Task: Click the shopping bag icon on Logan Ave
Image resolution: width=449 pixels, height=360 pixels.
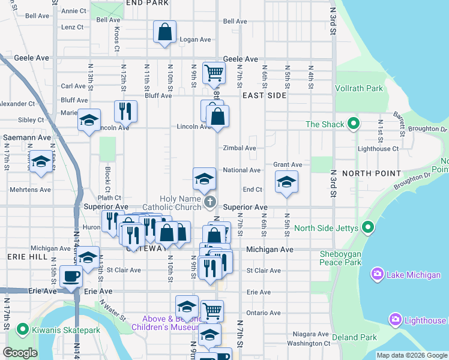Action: click(164, 32)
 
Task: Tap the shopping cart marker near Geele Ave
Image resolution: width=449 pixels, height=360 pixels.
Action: click(214, 73)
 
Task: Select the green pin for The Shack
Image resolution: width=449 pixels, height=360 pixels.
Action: click(354, 124)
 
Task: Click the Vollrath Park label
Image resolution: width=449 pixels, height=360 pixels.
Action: click(359, 89)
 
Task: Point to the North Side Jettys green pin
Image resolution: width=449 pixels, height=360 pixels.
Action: click(369, 228)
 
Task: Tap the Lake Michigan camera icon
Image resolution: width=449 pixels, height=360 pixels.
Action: click(378, 274)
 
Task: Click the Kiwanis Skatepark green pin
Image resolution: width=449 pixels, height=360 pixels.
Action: click(23, 329)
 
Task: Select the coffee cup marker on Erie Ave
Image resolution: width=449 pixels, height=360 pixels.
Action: click(71, 277)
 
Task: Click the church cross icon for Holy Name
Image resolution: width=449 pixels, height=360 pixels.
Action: click(210, 202)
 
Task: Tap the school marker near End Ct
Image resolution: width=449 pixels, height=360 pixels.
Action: click(287, 182)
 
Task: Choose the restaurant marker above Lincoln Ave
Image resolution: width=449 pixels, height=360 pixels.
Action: click(125, 111)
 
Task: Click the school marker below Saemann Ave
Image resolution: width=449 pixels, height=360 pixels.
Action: click(41, 163)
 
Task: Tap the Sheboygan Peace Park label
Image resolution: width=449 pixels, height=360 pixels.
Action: click(340, 258)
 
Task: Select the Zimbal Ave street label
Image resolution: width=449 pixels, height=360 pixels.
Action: click(240, 148)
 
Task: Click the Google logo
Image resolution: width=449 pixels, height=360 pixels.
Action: click(20, 353)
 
